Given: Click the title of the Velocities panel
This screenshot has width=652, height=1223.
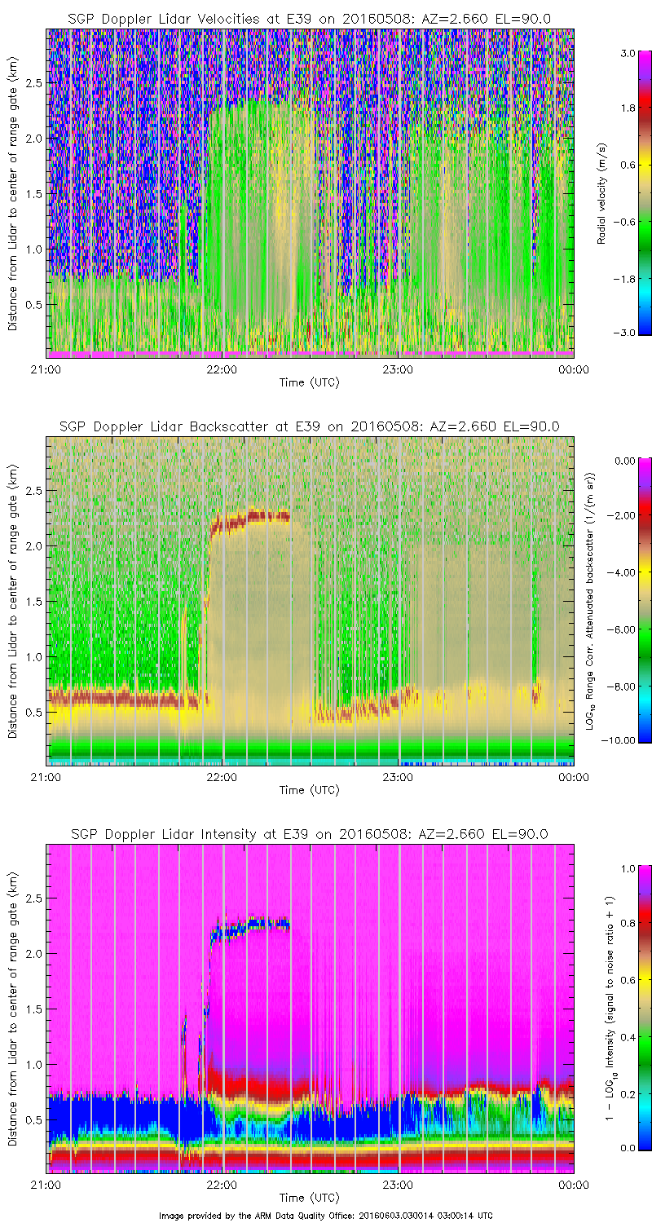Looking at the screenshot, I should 309,19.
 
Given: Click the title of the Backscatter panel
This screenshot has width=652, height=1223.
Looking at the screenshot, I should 309,426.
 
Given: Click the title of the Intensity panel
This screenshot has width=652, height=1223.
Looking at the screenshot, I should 309,834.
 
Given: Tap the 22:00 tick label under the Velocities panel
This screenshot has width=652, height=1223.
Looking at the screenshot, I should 222,369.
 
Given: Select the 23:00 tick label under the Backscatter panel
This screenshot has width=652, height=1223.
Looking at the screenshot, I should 397,776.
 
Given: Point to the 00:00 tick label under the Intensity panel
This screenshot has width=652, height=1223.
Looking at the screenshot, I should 573,1184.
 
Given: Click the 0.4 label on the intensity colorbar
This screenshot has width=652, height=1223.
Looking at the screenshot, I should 627,1035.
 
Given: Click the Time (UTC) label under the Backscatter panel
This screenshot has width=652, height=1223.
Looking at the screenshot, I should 309,790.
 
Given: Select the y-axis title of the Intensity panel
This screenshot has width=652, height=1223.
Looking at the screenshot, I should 13,1008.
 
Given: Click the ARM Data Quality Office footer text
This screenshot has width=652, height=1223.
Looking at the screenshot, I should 326,1215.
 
